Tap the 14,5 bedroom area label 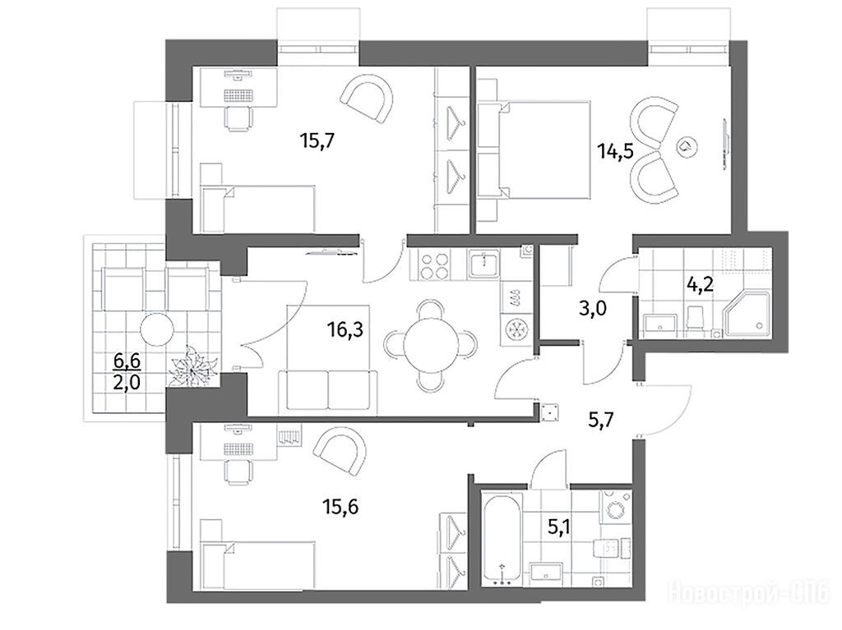616,151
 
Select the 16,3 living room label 345,329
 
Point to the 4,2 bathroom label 701,283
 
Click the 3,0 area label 594,309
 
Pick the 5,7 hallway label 601,420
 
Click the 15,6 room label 340,506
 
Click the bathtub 502,540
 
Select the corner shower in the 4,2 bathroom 747,315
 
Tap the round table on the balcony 157,329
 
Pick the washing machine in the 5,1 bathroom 616,507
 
